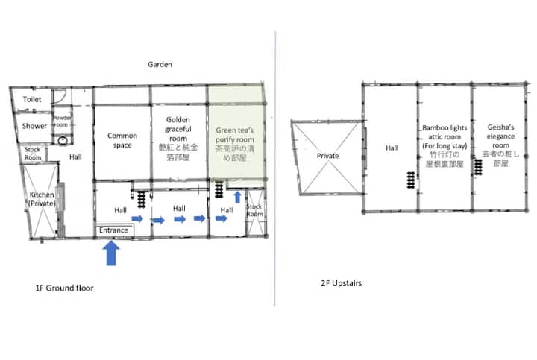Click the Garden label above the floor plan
tap(160, 64)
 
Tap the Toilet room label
tap(32, 99)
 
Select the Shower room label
tap(34, 126)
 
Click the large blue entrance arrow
tap(111, 253)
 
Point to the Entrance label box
tap(114, 230)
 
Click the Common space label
tap(122, 140)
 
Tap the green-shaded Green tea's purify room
tap(236, 133)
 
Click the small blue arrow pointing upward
tap(237, 197)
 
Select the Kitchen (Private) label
tap(42, 199)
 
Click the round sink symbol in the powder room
tap(63, 140)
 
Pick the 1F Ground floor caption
tap(64, 288)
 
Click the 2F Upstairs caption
tap(342, 283)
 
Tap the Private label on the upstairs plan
tap(327, 156)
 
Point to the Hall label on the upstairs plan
tap(392, 148)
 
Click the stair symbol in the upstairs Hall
tap(411, 180)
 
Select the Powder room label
tap(62, 121)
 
